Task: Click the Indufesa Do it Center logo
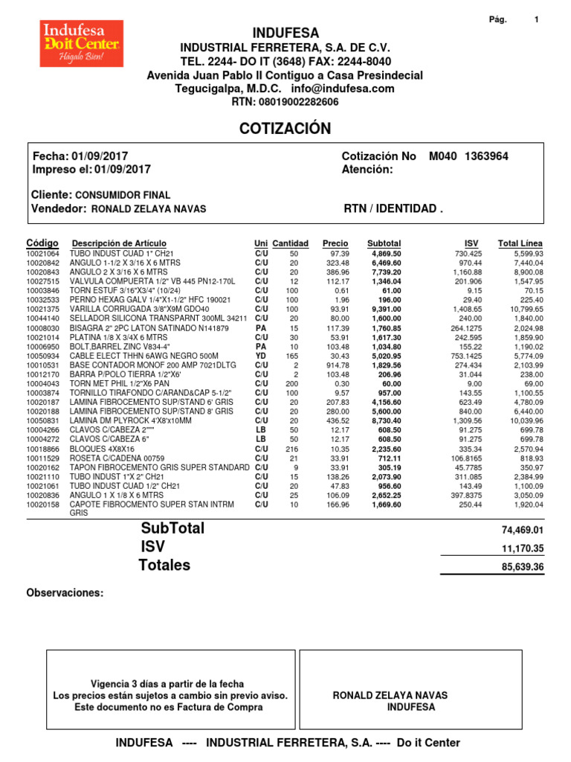point(82,44)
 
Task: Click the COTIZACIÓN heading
point(285,129)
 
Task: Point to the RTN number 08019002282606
point(296,102)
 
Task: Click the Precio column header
point(335,243)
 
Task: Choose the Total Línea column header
point(520,243)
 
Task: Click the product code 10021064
point(42,254)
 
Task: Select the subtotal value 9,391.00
point(386,309)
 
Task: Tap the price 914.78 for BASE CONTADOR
point(337,365)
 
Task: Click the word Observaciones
point(65,593)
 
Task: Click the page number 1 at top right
point(536,20)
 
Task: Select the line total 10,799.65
point(520,309)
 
